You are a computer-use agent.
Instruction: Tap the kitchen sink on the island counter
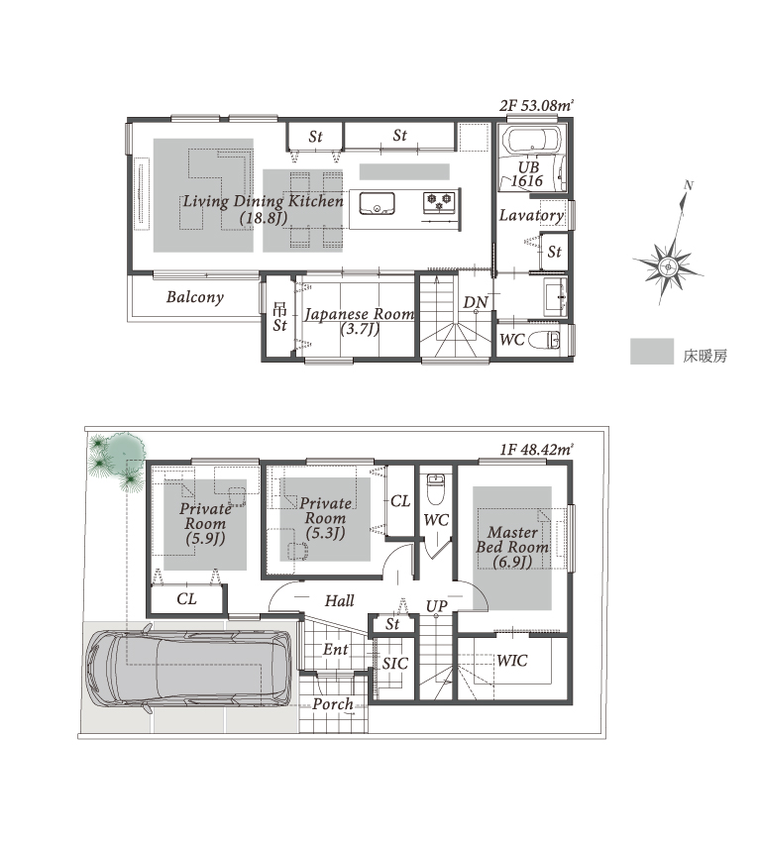(x=377, y=203)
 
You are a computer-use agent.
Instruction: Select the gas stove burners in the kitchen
(x=440, y=202)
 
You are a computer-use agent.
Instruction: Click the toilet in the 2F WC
(x=544, y=341)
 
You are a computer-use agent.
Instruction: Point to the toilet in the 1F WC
(x=436, y=488)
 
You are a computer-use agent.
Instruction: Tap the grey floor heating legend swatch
(x=652, y=352)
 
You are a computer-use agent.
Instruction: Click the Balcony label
(x=195, y=297)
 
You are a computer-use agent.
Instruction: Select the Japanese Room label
(x=360, y=314)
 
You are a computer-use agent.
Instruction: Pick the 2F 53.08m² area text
(x=536, y=105)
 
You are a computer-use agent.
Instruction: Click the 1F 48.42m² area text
(x=536, y=449)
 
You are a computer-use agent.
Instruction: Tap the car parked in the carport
(x=188, y=670)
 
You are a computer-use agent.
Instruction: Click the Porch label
(x=333, y=703)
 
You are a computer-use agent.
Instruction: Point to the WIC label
(x=512, y=661)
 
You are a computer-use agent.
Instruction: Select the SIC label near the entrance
(x=394, y=664)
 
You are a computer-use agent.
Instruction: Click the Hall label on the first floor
(x=340, y=600)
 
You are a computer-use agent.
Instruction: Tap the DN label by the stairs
(x=476, y=302)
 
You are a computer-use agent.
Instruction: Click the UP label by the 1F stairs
(x=436, y=606)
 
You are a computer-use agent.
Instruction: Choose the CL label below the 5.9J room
(x=186, y=598)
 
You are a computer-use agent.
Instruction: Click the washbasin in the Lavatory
(x=556, y=296)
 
